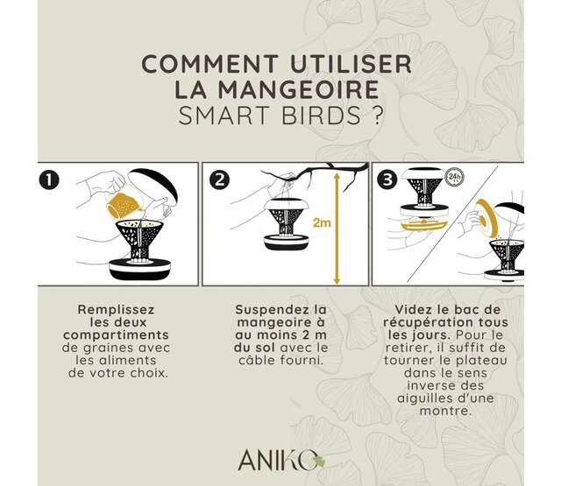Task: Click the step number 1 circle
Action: pos(52,181)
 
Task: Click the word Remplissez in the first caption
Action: pos(117,310)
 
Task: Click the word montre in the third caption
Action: pos(447,410)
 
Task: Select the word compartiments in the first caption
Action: pos(121,335)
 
